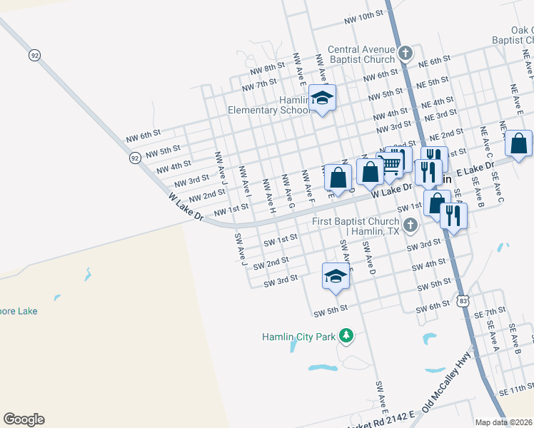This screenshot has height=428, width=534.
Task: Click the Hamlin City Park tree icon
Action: point(346,335)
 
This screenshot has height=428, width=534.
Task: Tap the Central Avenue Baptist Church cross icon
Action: point(405,53)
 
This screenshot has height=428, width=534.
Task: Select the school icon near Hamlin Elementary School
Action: point(322,98)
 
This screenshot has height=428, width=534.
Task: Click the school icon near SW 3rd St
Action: point(336,275)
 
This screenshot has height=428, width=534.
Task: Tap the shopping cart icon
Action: point(391,163)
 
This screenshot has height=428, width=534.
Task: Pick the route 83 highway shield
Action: point(464,301)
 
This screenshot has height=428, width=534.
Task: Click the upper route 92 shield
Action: point(34,54)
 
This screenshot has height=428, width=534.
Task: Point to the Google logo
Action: point(24,419)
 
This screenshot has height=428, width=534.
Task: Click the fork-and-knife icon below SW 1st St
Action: point(453,214)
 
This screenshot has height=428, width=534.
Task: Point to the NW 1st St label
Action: point(230,208)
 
